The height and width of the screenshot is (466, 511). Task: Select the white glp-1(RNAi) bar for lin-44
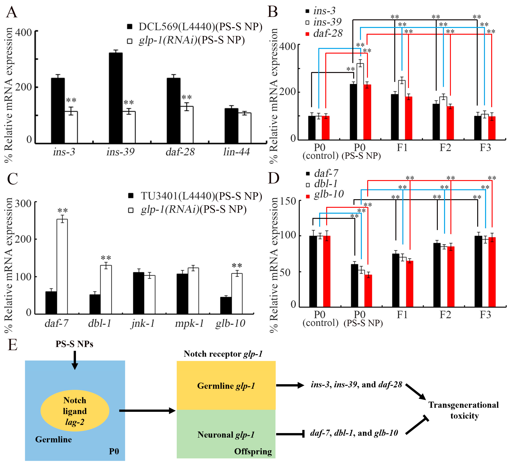245,128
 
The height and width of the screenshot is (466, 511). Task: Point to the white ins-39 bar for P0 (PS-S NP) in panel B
360,101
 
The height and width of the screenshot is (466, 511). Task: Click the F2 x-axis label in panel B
445,147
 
